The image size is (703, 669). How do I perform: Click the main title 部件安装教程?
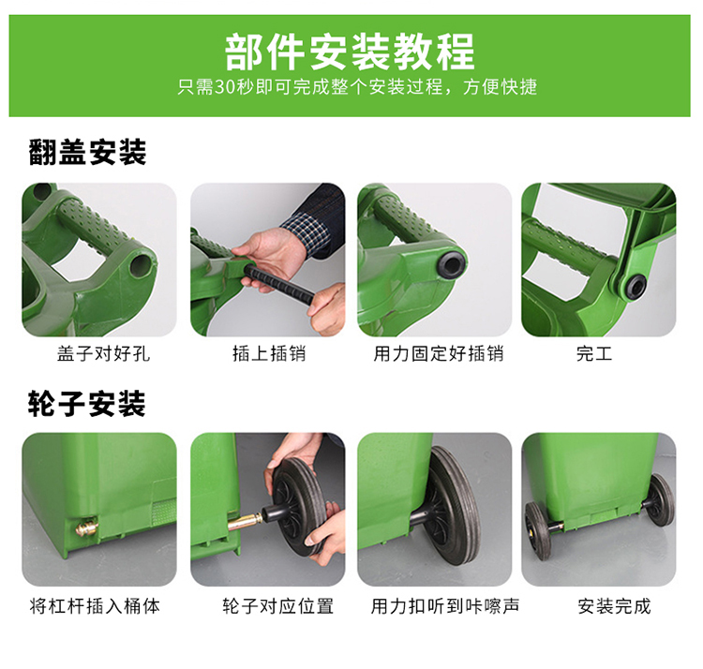click(x=350, y=52)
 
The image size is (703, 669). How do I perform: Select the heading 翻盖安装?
click(x=87, y=152)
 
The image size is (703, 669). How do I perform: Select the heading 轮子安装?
click(x=87, y=403)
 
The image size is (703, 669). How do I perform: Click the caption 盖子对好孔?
click(x=103, y=353)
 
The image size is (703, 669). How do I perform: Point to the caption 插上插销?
click(x=269, y=353)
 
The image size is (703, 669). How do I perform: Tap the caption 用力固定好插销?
click(x=439, y=353)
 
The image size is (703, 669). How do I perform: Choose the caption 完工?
click(x=594, y=353)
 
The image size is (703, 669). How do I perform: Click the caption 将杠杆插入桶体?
click(x=95, y=606)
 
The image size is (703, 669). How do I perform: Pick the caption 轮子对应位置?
click(x=278, y=606)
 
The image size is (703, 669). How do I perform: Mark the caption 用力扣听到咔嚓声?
click(x=444, y=606)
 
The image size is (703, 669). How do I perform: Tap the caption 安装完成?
click(x=614, y=606)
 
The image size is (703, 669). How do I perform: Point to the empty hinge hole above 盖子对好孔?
click(x=140, y=265)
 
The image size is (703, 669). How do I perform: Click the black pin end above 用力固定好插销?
click(x=452, y=262)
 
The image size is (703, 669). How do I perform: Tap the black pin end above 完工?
click(x=636, y=287)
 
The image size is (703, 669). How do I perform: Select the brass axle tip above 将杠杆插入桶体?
click(x=86, y=527)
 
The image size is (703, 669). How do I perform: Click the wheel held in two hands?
click(x=297, y=505)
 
